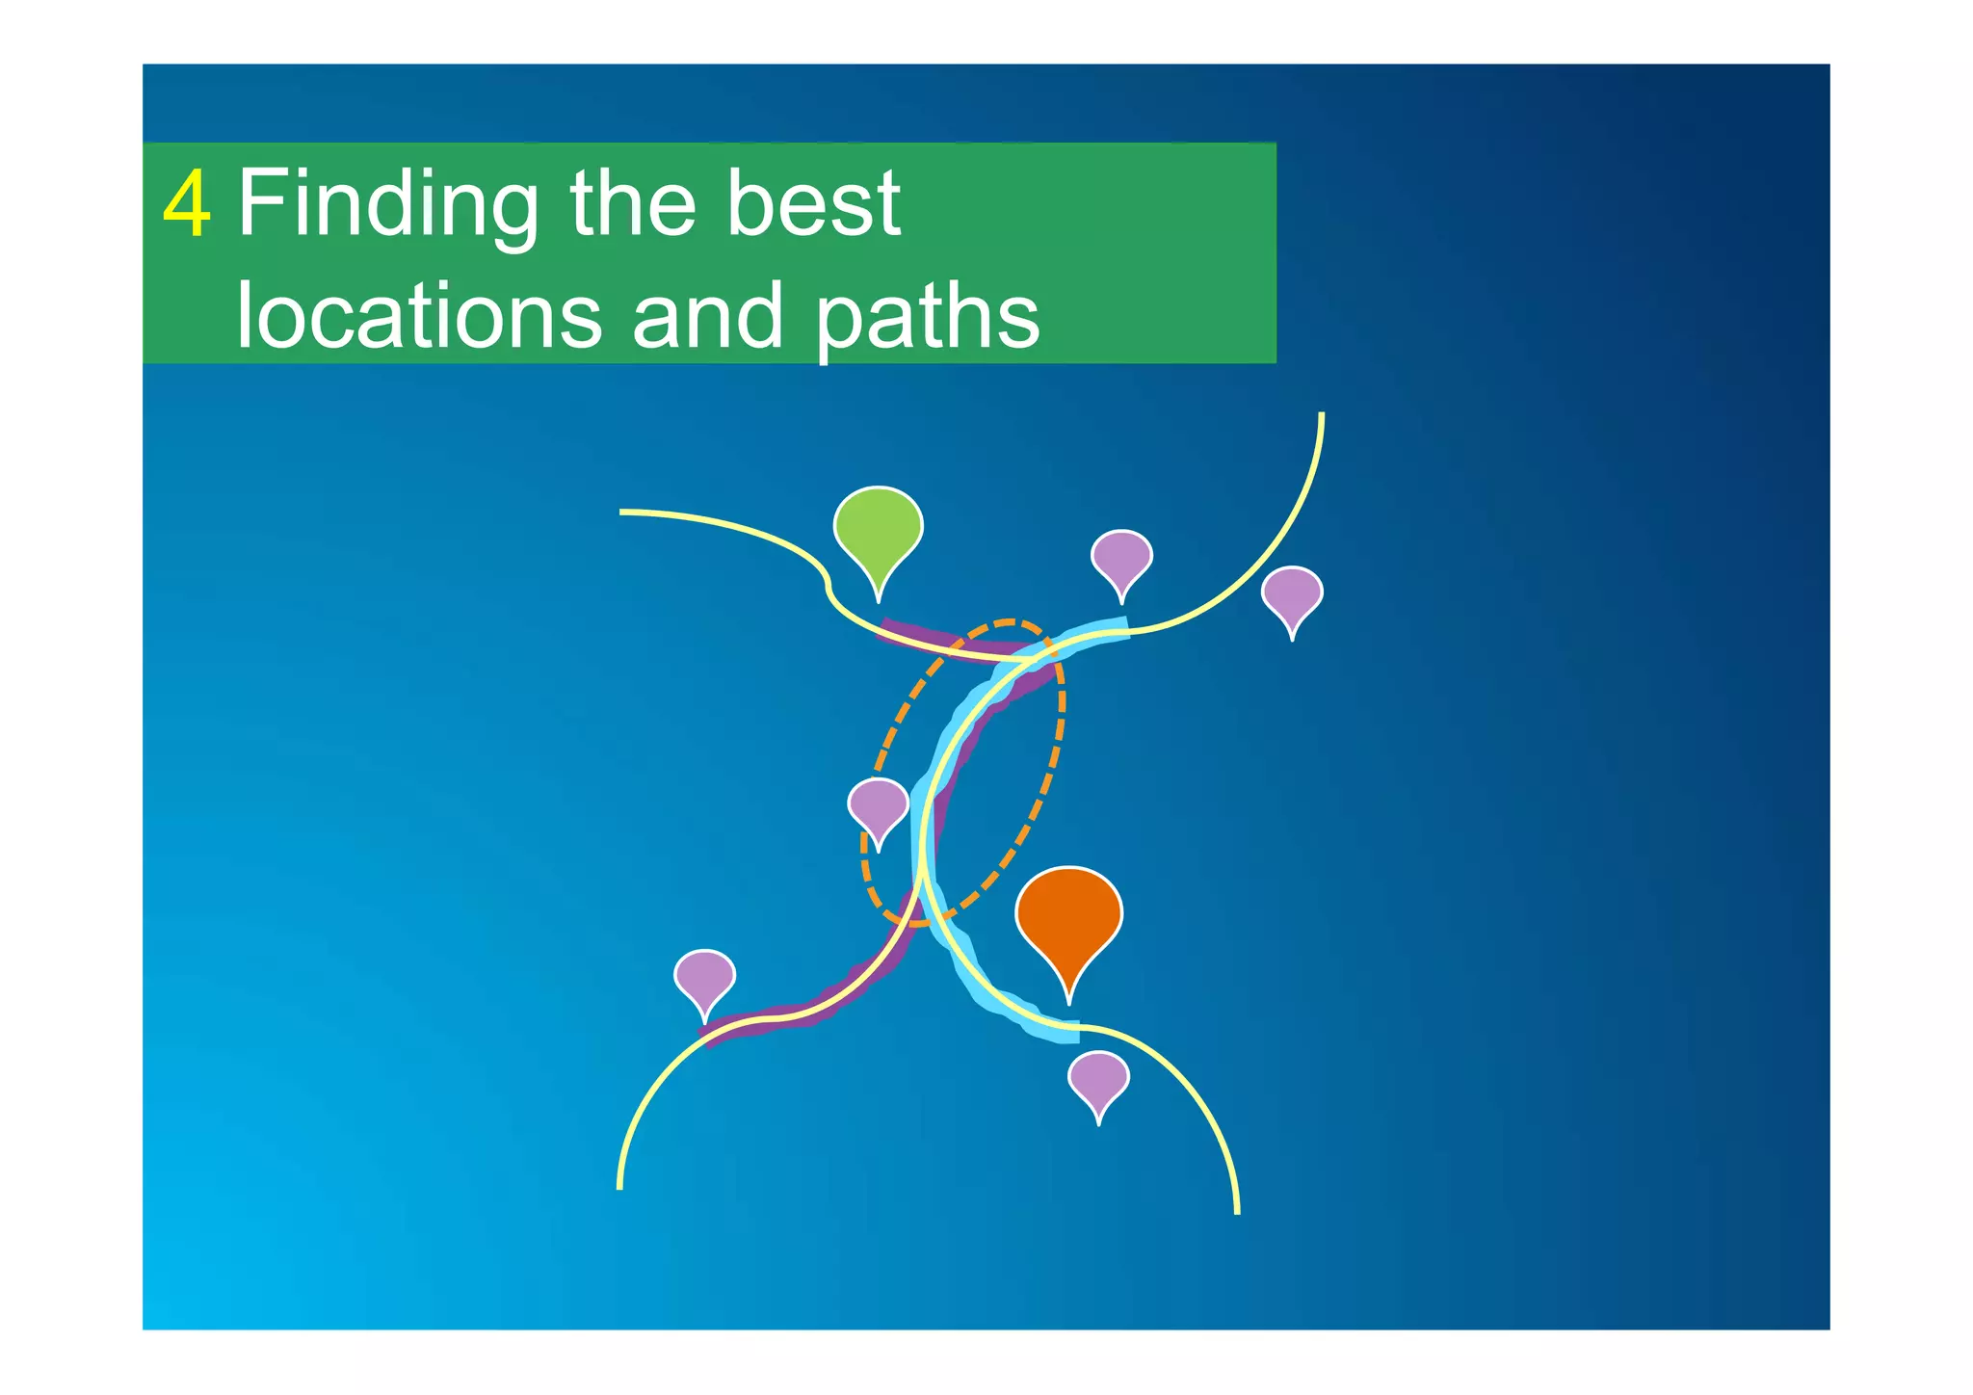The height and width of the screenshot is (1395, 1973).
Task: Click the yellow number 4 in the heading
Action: pos(187,205)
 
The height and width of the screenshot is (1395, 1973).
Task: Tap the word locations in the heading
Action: pos(418,316)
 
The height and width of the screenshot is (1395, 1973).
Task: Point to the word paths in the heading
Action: pos(928,318)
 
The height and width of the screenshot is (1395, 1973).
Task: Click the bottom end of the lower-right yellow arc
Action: pos(1236,1210)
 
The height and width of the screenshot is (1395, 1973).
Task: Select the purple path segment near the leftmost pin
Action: pos(771,1020)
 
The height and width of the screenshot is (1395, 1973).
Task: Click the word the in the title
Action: pos(632,203)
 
